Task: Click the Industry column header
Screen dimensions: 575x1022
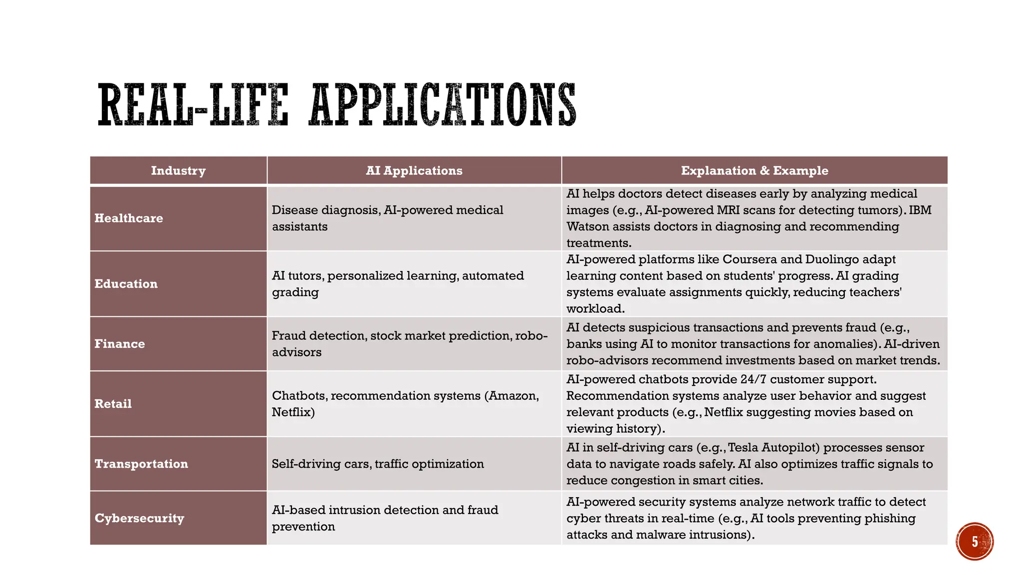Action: click(x=178, y=171)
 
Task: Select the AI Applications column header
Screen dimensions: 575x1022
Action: click(x=414, y=171)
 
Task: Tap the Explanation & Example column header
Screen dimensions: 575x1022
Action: click(x=755, y=171)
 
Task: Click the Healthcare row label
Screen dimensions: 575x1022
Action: click(x=129, y=218)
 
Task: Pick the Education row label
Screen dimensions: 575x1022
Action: click(x=126, y=284)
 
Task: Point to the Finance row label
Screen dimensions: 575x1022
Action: click(x=120, y=343)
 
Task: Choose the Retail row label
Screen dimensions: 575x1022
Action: click(x=113, y=403)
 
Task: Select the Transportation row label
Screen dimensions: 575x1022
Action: click(x=141, y=464)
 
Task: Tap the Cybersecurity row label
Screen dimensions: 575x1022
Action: click(x=139, y=518)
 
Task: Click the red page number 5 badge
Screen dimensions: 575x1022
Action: click(x=975, y=542)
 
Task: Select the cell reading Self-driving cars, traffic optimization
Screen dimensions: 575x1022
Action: click(x=378, y=464)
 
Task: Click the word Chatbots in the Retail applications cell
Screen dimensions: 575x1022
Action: click(x=299, y=396)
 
